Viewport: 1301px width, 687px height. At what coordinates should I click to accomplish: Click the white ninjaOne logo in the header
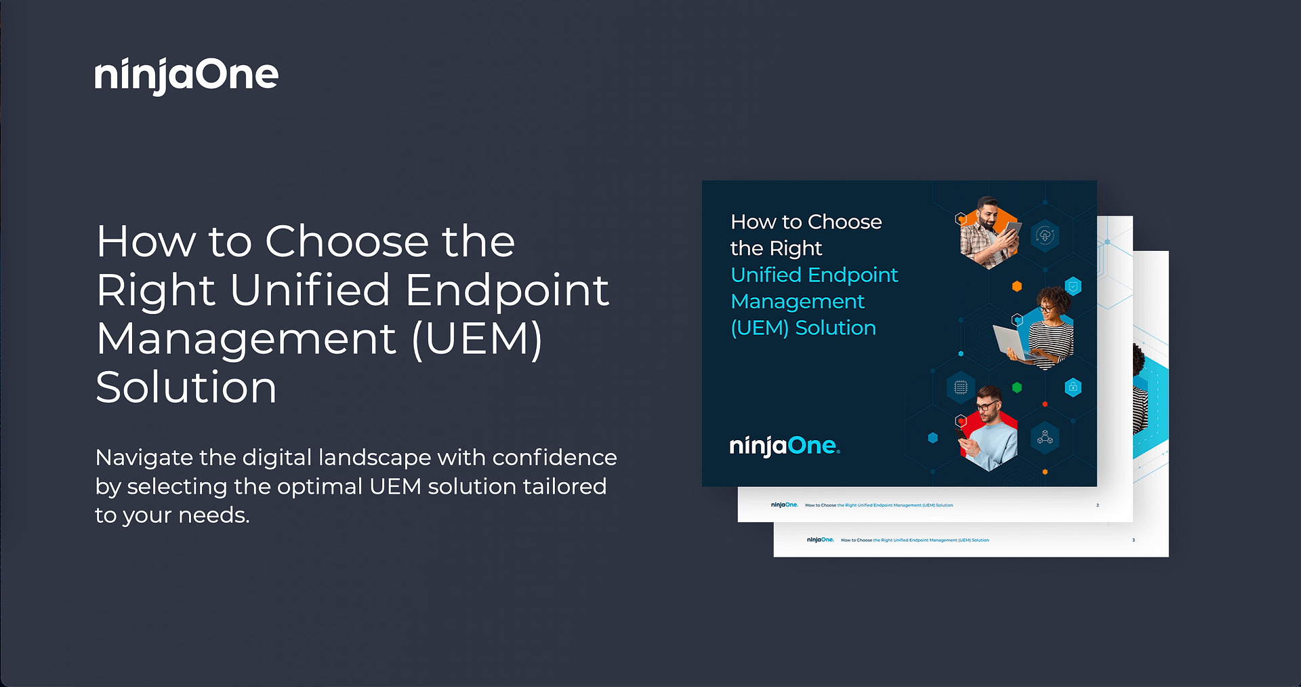click(186, 75)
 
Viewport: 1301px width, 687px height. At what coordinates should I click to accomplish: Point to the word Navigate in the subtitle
click(144, 458)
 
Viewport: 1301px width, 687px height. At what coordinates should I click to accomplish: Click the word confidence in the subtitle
click(554, 458)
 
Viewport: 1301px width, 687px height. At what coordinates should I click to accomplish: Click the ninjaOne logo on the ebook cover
click(785, 446)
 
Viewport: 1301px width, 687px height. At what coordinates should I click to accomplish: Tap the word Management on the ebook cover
click(798, 302)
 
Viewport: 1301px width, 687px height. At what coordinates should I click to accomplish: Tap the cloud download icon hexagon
click(1045, 236)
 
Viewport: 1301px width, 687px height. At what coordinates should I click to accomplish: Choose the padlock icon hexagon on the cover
click(1073, 388)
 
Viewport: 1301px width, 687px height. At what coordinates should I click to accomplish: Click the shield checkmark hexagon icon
click(1073, 287)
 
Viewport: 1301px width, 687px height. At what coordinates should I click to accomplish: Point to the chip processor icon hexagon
click(961, 388)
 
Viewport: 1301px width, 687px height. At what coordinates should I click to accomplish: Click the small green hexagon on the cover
click(1016, 388)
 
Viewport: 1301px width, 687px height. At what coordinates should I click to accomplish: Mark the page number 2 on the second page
click(1098, 505)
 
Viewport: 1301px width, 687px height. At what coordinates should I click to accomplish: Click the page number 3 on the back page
click(1134, 541)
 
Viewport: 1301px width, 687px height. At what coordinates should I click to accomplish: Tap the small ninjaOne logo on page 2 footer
click(785, 505)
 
